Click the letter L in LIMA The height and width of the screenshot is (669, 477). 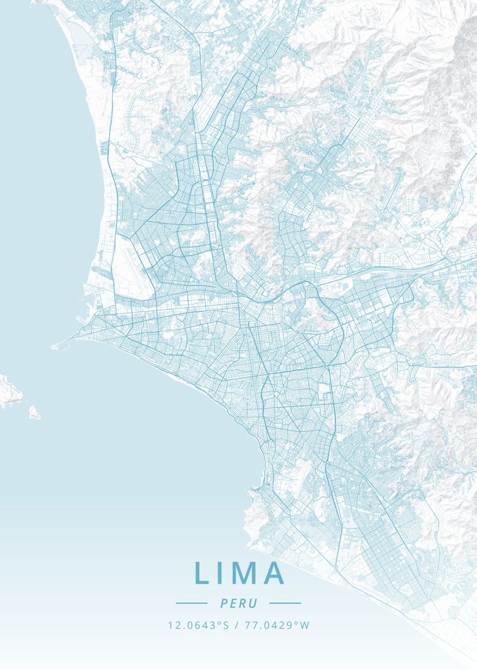click(x=201, y=573)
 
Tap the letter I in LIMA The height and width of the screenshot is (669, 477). click(x=220, y=573)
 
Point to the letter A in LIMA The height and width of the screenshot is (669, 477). click(x=274, y=573)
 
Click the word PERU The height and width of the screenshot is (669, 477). click(x=238, y=603)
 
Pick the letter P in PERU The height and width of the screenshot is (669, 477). click(x=224, y=603)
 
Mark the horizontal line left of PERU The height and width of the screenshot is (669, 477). click(x=191, y=603)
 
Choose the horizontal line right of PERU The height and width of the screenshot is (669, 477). click(x=285, y=603)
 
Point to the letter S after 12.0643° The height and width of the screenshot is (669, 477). click(x=226, y=626)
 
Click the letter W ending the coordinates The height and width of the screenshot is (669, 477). click(x=304, y=626)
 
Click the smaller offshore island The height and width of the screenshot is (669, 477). click(x=35, y=413)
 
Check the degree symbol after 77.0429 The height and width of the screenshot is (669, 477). click(x=296, y=623)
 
